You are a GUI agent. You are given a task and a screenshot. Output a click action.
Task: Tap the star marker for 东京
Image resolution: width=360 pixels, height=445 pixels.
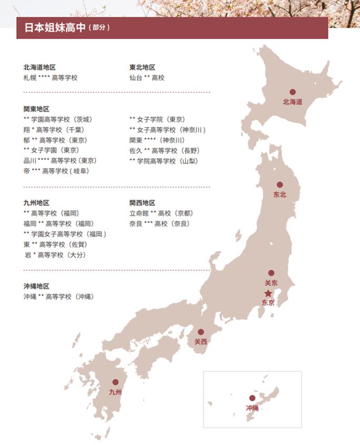click(x=268, y=293)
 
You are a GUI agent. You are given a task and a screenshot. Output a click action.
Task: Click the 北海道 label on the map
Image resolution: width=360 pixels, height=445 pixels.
click(x=292, y=102)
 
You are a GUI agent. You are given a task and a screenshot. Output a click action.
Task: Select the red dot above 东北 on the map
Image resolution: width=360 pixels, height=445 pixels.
click(x=279, y=185)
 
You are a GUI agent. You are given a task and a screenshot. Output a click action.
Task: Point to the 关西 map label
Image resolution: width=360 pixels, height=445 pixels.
click(x=201, y=342)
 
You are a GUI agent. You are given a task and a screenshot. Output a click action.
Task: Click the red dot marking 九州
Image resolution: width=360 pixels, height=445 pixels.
click(x=115, y=382)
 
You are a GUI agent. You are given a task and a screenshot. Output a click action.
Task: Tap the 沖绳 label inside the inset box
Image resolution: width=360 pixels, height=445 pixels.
click(x=252, y=408)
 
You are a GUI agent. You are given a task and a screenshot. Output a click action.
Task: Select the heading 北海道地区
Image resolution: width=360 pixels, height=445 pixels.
click(x=39, y=67)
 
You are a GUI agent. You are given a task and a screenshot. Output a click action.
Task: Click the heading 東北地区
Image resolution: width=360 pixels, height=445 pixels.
click(x=142, y=67)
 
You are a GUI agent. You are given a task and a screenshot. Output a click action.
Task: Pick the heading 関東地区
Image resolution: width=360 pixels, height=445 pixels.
click(x=36, y=109)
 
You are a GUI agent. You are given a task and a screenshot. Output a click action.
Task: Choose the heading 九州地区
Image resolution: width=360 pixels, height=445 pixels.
click(x=36, y=203)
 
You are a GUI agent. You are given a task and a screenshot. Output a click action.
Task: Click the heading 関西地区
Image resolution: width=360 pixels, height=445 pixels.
click(x=142, y=203)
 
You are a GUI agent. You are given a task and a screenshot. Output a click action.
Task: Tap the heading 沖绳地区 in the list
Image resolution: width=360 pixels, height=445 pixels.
click(x=36, y=286)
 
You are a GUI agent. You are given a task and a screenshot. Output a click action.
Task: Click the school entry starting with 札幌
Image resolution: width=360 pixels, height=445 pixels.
click(x=50, y=77)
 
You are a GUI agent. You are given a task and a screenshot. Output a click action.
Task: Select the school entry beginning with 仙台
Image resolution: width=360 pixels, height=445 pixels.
click(x=147, y=77)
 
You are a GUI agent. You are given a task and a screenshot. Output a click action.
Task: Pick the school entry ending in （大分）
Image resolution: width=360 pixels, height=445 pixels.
click(x=55, y=255)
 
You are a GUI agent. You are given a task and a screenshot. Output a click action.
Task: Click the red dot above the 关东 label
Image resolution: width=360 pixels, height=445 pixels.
click(x=271, y=273)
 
